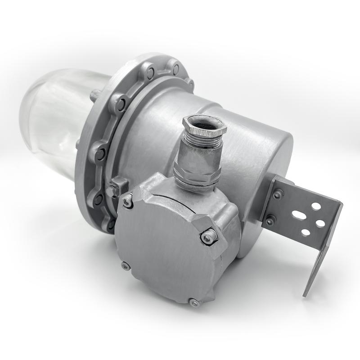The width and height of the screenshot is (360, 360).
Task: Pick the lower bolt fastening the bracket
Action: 270,220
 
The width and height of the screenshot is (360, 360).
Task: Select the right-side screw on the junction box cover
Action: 207,238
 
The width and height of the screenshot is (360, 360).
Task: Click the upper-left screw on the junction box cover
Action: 129,203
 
